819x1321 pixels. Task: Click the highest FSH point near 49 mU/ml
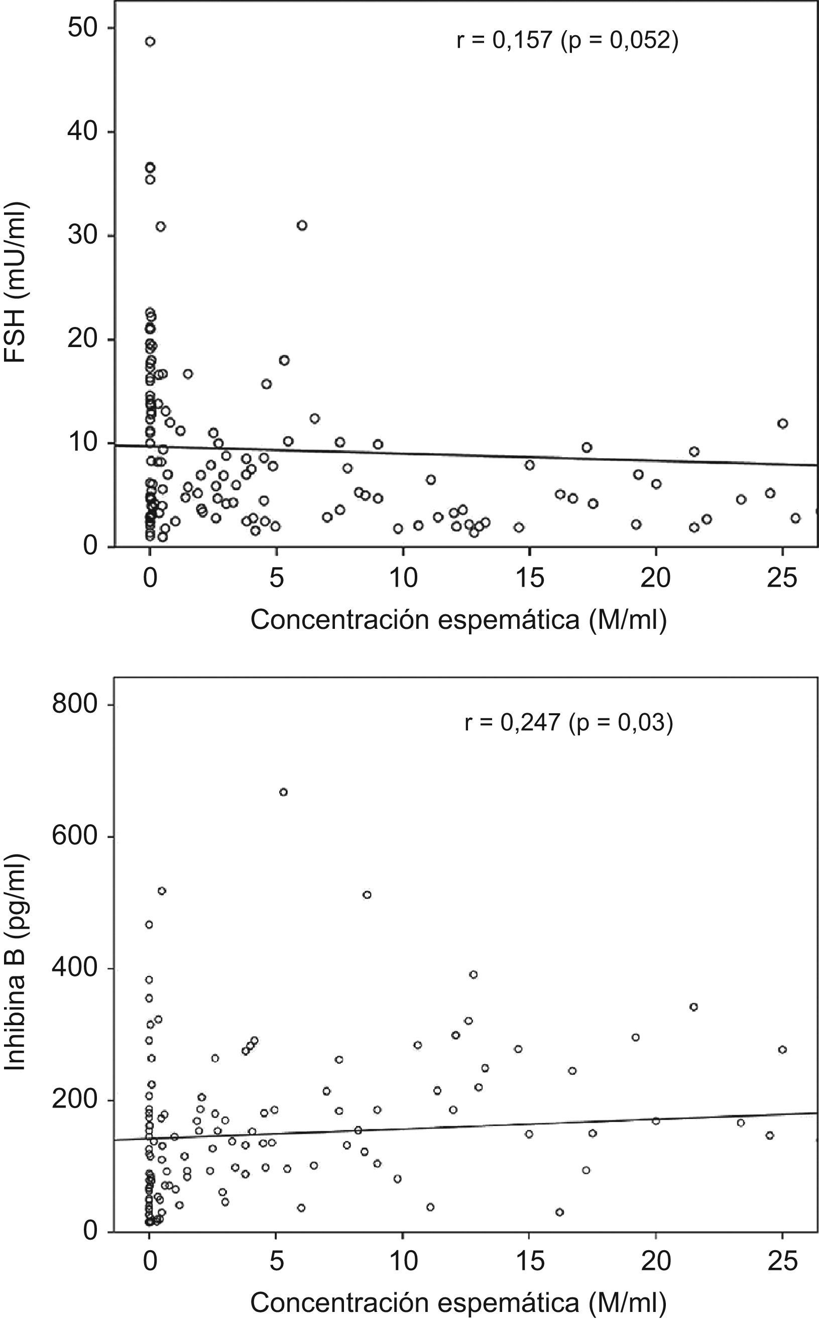[x=150, y=41]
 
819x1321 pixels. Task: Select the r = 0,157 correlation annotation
[x=567, y=41]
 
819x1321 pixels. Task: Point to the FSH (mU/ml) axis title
[x=16, y=283]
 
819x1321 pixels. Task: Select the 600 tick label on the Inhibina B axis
[x=75, y=837]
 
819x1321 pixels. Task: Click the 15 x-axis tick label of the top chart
[x=529, y=579]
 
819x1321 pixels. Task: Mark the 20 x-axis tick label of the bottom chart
[x=655, y=1261]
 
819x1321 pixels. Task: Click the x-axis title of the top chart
[x=458, y=620]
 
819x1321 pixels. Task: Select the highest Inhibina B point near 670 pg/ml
[x=283, y=792]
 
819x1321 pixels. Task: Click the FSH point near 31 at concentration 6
[x=302, y=226]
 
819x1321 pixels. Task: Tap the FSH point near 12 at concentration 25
[x=783, y=423]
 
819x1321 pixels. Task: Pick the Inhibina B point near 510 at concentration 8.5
[x=367, y=895]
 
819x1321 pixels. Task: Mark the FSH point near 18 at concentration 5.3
[x=284, y=360]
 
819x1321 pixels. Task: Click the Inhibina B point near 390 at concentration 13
[x=474, y=974]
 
